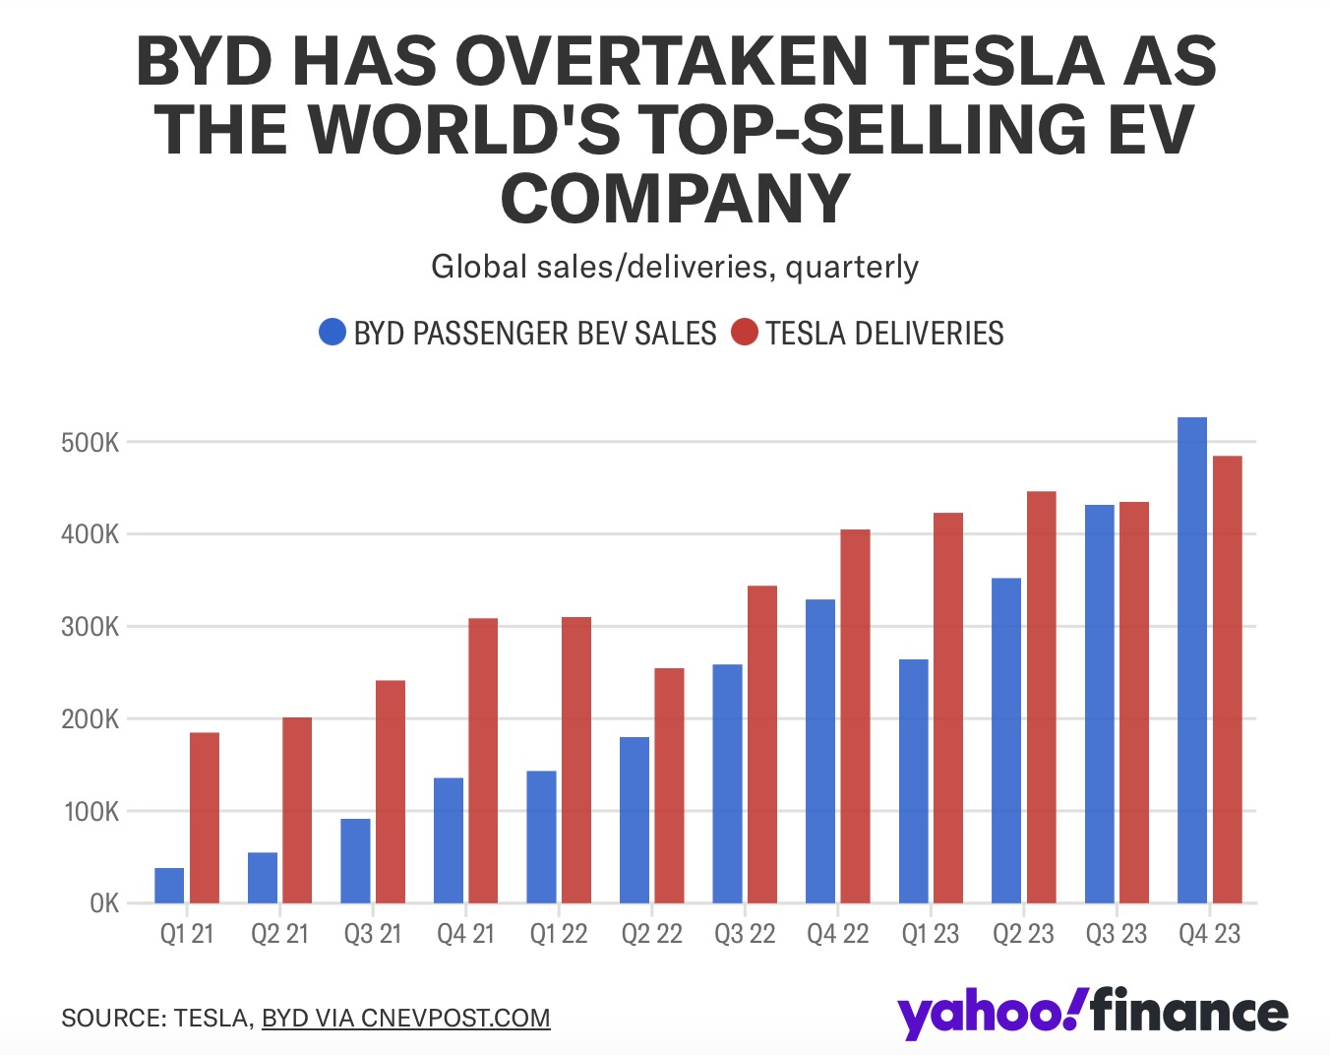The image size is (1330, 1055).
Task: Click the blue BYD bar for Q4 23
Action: (x=1191, y=659)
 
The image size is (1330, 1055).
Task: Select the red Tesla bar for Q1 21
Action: (x=205, y=817)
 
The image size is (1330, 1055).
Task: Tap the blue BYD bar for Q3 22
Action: (x=727, y=783)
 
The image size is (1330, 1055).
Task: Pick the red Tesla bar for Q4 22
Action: (x=855, y=715)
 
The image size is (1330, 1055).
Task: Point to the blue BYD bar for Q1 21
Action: (x=169, y=886)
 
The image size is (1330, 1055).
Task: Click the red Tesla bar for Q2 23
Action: (x=1041, y=697)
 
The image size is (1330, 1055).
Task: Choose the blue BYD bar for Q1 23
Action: (x=913, y=780)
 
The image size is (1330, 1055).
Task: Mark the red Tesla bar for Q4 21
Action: (x=483, y=760)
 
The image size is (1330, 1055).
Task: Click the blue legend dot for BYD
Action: (x=332, y=333)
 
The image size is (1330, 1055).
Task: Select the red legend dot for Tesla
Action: (x=745, y=333)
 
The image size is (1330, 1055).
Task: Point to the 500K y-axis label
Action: (x=90, y=443)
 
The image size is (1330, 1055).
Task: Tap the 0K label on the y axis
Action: (x=103, y=903)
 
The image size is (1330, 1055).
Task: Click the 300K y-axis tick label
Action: (x=90, y=627)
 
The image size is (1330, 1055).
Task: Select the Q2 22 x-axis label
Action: (x=651, y=934)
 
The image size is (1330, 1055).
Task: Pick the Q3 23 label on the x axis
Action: (x=1116, y=934)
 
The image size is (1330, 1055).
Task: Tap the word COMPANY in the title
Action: (x=675, y=198)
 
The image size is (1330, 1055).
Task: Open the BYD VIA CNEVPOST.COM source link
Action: (x=405, y=1018)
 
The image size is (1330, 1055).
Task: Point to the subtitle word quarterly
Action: (x=852, y=267)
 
